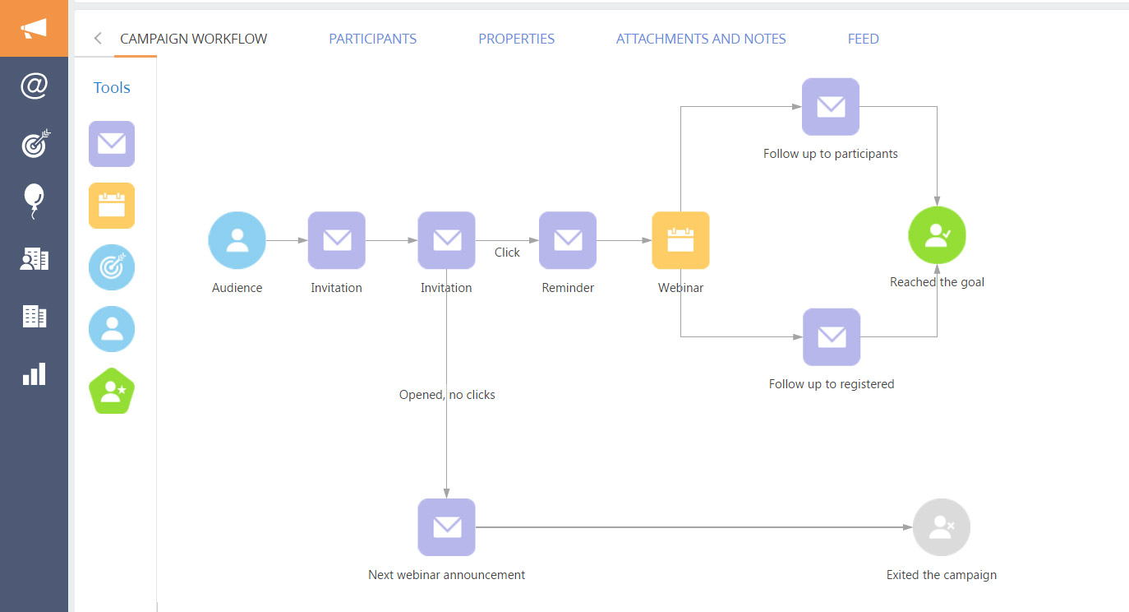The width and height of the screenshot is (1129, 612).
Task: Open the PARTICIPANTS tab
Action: (x=372, y=39)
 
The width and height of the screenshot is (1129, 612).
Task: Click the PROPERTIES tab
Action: (x=516, y=39)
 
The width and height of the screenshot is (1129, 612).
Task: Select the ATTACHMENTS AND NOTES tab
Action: (x=701, y=39)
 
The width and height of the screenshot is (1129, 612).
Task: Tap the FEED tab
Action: (x=863, y=39)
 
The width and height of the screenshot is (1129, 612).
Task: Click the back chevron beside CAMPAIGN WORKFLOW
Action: (x=98, y=38)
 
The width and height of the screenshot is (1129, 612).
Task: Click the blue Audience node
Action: (x=237, y=240)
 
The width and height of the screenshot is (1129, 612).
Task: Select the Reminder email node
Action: (x=568, y=240)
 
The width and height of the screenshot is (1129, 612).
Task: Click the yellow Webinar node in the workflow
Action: (x=680, y=240)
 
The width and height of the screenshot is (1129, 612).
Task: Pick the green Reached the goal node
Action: (x=937, y=235)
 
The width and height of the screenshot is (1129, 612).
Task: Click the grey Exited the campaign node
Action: (x=942, y=527)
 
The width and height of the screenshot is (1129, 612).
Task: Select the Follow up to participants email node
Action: (x=831, y=107)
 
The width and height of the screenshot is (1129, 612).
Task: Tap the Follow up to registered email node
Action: (x=832, y=337)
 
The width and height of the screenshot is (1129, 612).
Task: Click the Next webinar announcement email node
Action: (x=446, y=527)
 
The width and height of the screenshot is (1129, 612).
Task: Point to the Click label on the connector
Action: (x=507, y=253)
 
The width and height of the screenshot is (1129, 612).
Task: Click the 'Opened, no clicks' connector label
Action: (x=447, y=395)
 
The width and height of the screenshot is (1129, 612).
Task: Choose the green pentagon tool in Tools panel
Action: (x=112, y=392)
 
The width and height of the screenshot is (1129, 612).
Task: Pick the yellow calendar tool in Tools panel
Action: (x=112, y=206)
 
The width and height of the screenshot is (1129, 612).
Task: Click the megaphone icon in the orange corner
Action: (x=34, y=29)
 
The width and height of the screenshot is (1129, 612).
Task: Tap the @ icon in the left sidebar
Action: (x=34, y=86)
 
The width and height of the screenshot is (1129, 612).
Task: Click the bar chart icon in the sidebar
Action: (x=34, y=374)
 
